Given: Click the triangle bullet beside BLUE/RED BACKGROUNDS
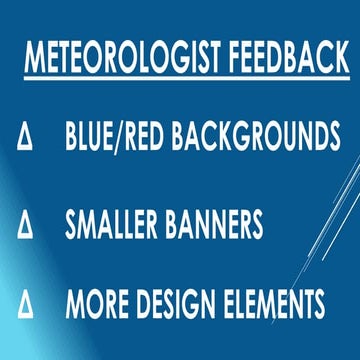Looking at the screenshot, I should point(23,134).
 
